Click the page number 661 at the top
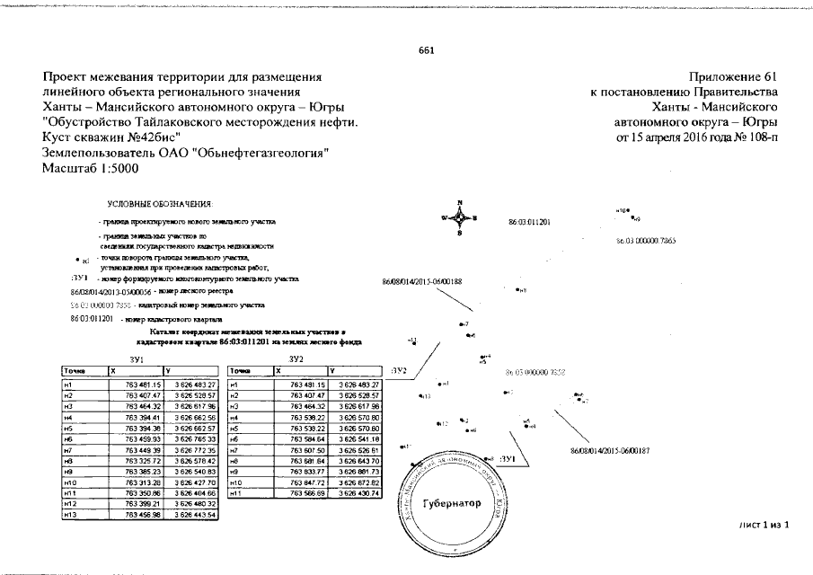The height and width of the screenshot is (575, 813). (427, 50)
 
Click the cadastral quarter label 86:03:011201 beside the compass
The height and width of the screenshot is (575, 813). (529, 220)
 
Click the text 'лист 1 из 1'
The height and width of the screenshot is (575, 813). (764, 524)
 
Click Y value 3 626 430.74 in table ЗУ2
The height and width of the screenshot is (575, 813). (358, 493)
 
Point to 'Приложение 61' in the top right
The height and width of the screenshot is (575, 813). (736, 77)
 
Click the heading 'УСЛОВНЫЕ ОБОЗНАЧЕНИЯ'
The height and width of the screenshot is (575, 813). (158, 206)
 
